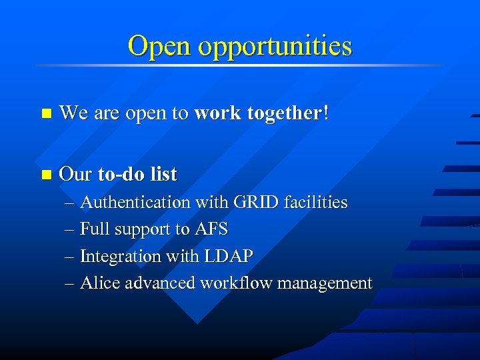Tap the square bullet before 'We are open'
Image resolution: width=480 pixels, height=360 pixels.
(45, 114)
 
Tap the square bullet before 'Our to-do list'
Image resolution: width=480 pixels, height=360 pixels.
(45, 175)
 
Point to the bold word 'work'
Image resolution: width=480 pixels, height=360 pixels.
(217, 113)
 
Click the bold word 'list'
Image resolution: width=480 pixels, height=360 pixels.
(164, 174)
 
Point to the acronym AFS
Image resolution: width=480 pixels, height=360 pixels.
(211, 229)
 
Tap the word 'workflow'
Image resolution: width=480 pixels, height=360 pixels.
(235, 283)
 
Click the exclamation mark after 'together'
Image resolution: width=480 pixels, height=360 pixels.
(325, 113)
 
